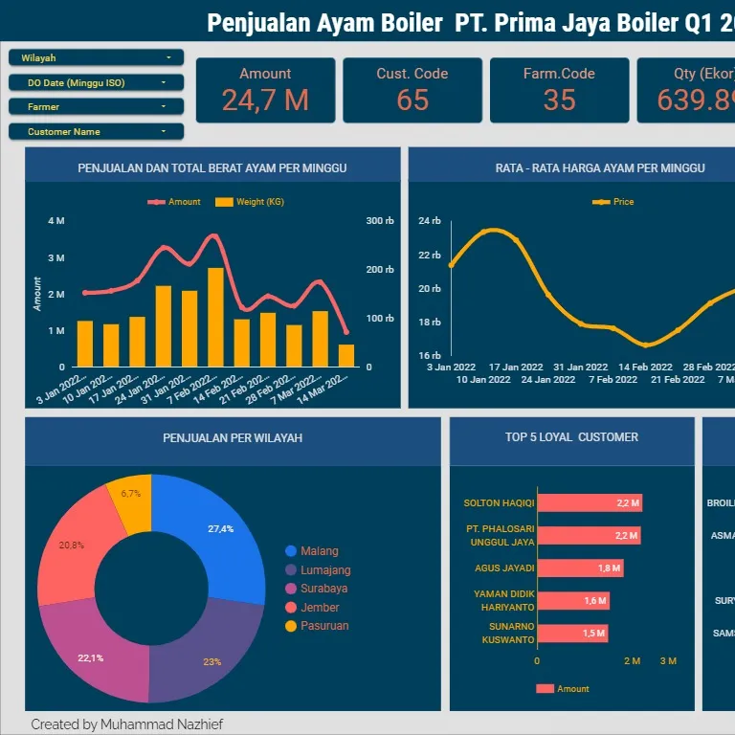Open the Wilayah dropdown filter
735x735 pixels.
pyautogui.click(x=96, y=58)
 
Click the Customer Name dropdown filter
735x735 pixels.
pyautogui.click(x=96, y=132)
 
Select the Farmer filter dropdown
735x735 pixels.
pyautogui.click(x=96, y=107)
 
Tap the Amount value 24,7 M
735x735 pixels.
pyautogui.click(x=265, y=100)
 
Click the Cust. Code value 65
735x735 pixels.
pyautogui.click(x=412, y=100)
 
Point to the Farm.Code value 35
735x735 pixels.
pyautogui.click(x=559, y=100)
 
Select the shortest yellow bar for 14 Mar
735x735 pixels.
pyautogui.click(x=345, y=355)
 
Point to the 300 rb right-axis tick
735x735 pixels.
pyautogui.click(x=379, y=221)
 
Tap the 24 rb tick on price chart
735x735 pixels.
pyautogui.click(x=430, y=221)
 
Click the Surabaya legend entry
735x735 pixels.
pyautogui.click(x=323, y=589)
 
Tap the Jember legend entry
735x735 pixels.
pyautogui.click(x=319, y=608)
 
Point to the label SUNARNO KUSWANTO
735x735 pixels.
pyautogui.click(x=507, y=633)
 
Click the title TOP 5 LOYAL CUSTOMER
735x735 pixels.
pyautogui.click(x=571, y=437)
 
